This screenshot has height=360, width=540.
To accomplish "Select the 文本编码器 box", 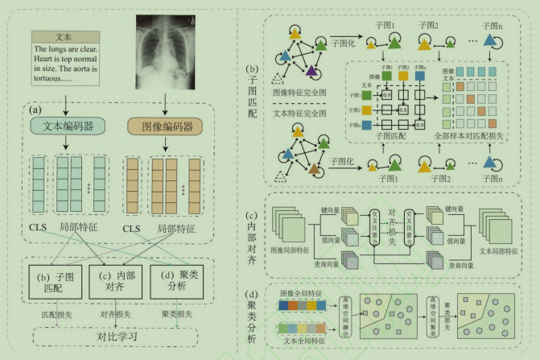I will (68, 126).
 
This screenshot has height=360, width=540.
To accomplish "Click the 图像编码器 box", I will (165, 126).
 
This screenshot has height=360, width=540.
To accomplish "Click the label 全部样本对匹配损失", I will (476, 138).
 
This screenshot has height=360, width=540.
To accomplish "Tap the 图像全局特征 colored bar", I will (301, 306).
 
